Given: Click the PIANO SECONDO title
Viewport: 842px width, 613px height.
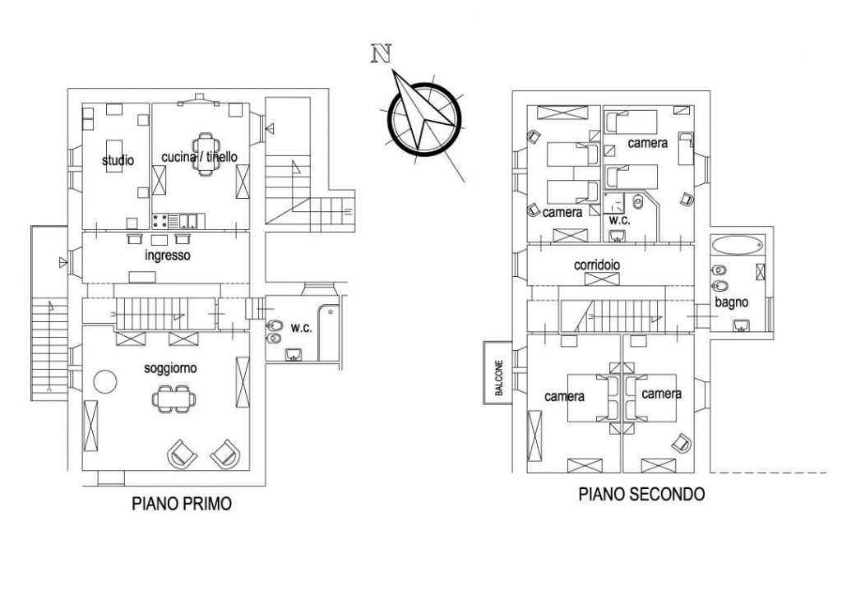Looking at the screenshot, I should click(642, 495).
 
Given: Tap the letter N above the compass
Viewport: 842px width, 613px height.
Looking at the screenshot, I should click(380, 53).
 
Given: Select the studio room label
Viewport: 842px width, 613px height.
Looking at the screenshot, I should click(118, 161).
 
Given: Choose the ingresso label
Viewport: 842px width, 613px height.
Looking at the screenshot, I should click(167, 256).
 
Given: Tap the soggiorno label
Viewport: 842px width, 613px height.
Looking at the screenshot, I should click(170, 368).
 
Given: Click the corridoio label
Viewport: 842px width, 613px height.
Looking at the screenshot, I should click(597, 266).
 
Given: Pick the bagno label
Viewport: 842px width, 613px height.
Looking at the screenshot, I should click(731, 303).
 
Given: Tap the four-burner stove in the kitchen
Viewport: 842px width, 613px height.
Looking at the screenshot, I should click(161, 220).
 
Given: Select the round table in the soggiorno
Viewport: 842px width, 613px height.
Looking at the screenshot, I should click(104, 382).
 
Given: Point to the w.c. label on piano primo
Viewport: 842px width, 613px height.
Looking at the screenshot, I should click(302, 328).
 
